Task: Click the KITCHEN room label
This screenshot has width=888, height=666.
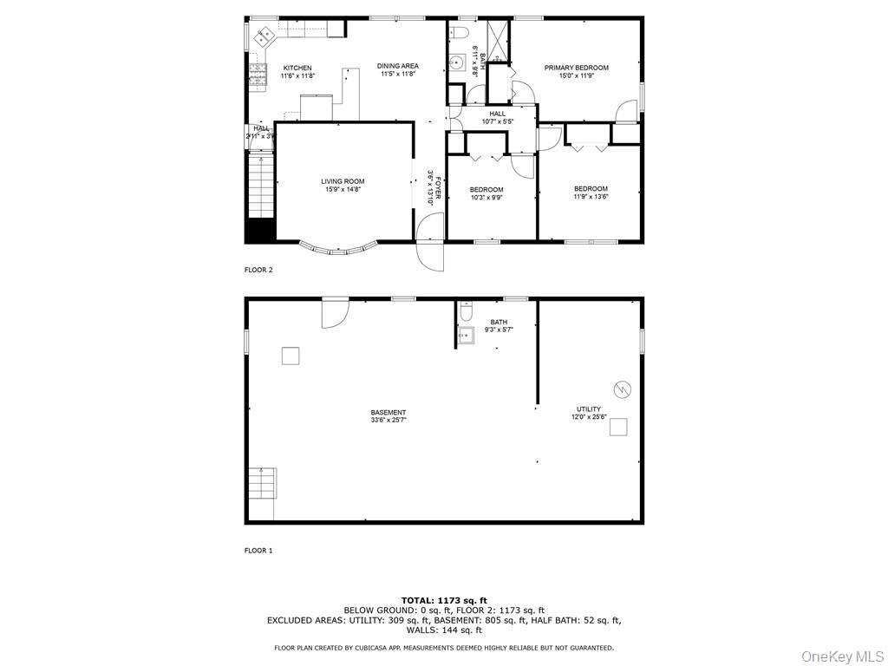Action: click(297, 68)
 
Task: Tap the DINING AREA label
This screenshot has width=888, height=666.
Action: click(397, 66)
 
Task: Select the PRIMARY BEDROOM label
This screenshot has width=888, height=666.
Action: click(576, 68)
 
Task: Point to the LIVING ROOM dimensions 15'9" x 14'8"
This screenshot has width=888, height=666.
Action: click(343, 189)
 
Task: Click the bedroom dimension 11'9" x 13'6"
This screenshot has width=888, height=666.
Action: click(591, 196)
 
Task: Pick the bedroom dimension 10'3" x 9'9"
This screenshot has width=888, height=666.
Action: click(486, 197)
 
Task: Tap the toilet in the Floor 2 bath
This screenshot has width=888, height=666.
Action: click(460, 33)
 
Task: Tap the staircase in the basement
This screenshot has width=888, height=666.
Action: click(261, 482)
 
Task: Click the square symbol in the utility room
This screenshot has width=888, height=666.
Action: click(618, 426)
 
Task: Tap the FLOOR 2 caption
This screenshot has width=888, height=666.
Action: click(258, 270)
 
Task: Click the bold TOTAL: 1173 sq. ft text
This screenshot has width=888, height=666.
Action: click(444, 600)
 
